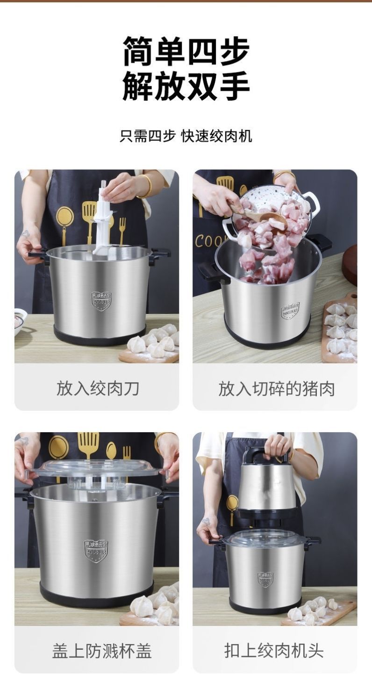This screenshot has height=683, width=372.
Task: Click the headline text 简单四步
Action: tap(186, 51)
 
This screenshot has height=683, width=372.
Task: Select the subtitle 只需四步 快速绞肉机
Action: tap(186, 136)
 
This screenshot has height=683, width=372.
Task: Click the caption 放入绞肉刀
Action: tap(97, 388)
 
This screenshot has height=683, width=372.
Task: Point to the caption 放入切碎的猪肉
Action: tap(276, 388)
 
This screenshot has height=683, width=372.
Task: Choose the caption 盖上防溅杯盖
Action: tap(101, 650)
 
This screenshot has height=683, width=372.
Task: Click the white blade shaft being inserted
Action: tap(103, 215)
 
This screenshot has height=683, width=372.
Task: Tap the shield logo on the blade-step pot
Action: tap(101, 301)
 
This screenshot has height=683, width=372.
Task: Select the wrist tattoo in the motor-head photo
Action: tap(206, 522)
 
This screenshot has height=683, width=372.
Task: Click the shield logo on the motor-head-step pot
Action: tap(265, 579)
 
